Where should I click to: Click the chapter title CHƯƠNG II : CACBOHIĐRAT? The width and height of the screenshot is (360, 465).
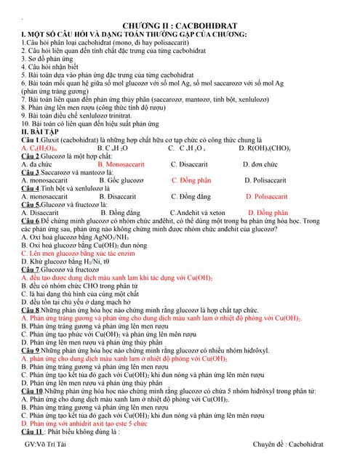coord(180,25)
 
